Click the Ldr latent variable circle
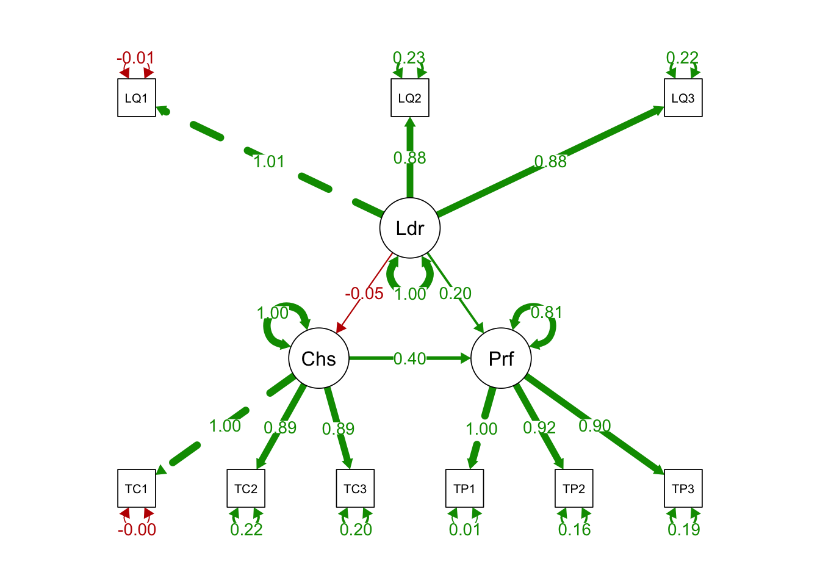coord(410,228)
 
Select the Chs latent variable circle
coord(318,359)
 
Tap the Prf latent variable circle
coord(502,359)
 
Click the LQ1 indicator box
coord(137,98)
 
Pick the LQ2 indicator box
coord(410,98)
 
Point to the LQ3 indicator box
coord(683,98)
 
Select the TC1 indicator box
coord(137,488)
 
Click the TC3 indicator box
coord(355,488)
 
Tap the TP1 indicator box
coord(465,488)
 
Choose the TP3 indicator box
coord(683,488)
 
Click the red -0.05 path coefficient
coord(364,294)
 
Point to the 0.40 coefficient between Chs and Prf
coord(410,359)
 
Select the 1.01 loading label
coord(269,162)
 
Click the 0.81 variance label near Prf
coord(546,313)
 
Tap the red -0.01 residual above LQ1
coord(136,58)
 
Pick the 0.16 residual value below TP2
coord(574,530)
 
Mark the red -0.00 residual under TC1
coord(137,530)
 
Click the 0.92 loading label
coord(539,428)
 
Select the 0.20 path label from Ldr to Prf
coord(455,294)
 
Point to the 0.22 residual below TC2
coord(246,530)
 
